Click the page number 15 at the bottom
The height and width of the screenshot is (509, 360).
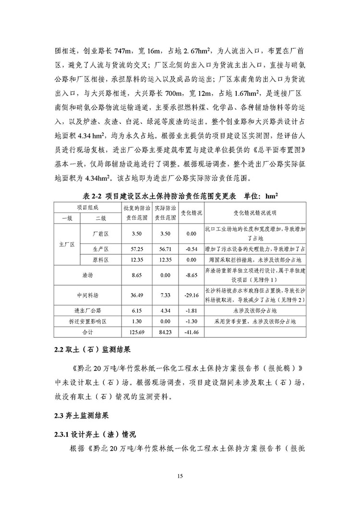click(x=180, y=476)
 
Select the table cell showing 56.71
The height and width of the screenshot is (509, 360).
click(x=164, y=249)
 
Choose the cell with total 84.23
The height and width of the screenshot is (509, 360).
click(x=164, y=331)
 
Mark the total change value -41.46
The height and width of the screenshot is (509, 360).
click(x=192, y=331)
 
